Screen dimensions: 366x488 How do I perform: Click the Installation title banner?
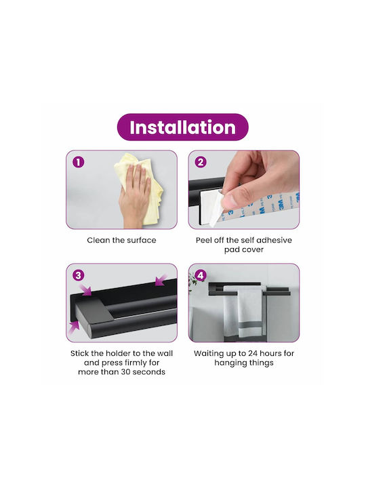[183, 127]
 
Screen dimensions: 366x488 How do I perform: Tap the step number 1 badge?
[79, 162]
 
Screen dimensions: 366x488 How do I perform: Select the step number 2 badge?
[201, 162]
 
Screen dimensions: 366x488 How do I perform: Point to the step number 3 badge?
[79, 275]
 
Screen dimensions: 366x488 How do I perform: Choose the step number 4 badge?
[201, 275]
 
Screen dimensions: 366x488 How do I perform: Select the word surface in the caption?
[141, 240]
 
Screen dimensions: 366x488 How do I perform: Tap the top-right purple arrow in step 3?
[162, 280]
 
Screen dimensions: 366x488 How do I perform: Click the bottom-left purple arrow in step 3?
[74, 328]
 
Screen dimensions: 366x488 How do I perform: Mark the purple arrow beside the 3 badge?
[85, 288]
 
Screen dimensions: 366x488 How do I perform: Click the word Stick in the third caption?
[80, 354]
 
